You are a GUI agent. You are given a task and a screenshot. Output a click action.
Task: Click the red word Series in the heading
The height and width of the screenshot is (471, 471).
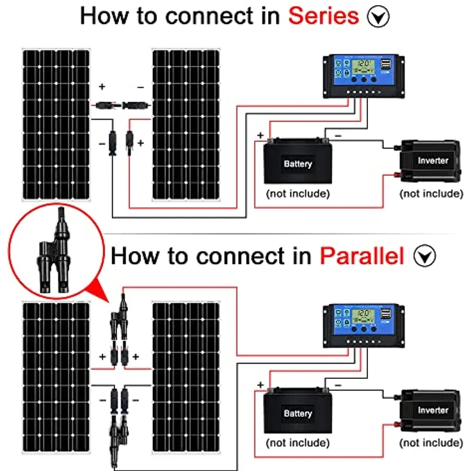[323, 16]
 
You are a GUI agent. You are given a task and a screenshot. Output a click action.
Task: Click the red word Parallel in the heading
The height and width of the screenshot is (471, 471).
[362, 256]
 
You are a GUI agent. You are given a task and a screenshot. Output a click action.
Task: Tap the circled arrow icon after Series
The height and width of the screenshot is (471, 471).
[379, 17]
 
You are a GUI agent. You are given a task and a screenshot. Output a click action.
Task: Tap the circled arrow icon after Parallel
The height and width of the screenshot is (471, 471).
[424, 257]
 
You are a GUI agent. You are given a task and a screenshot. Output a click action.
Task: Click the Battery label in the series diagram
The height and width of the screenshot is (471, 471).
[298, 164]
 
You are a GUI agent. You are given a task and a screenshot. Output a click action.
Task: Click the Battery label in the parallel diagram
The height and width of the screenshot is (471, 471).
[298, 414]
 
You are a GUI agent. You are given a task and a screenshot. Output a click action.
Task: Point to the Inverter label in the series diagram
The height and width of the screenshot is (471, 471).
[433, 161]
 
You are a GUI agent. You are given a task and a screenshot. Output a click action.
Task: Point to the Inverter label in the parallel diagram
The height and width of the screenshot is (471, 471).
[433, 410]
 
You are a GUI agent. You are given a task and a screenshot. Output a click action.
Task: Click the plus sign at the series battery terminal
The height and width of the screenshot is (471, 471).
[260, 136]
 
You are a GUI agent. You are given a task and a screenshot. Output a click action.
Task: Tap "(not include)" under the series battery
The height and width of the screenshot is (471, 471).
[298, 193]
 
